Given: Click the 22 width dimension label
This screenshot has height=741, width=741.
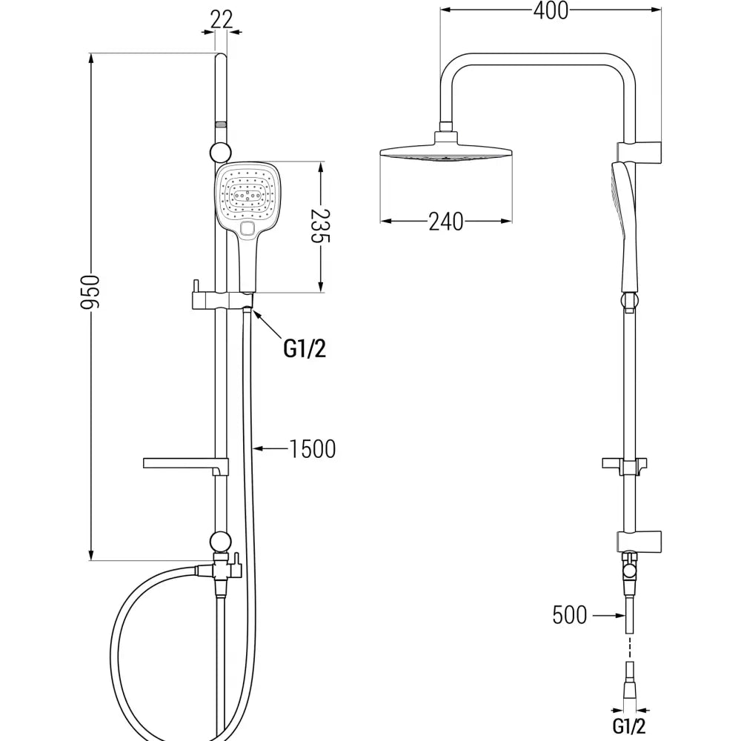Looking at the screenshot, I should pyautogui.click(x=221, y=20).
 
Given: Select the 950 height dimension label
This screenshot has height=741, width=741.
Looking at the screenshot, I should pyautogui.click(x=90, y=293).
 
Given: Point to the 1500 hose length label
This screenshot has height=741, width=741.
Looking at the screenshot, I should pyautogui.click(x=312, y=448).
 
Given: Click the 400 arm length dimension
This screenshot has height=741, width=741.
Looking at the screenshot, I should pyautogui.click(x=550, y=11).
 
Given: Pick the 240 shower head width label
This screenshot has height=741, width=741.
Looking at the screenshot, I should pyautogui.click(x=445, y=221).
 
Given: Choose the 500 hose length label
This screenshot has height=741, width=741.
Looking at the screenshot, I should pyautogui.click(x=570, y=614).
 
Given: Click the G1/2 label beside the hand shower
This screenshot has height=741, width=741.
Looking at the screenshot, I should pyautogui.click(x=305, y=348).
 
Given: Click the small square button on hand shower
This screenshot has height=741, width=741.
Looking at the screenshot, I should pyautogui.click(x=247, y=229).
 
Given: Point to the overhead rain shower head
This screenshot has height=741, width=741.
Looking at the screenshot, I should pyautogui.click(x=446, y=151).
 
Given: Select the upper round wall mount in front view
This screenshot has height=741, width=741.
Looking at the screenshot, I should pyautogui.click(x=220, y=152).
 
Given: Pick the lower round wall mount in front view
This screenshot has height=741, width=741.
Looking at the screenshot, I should pyautogui.click(x=220, y=540).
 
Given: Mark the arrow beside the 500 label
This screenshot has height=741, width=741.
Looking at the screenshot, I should pyautogui.click(x=608, y=614).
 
